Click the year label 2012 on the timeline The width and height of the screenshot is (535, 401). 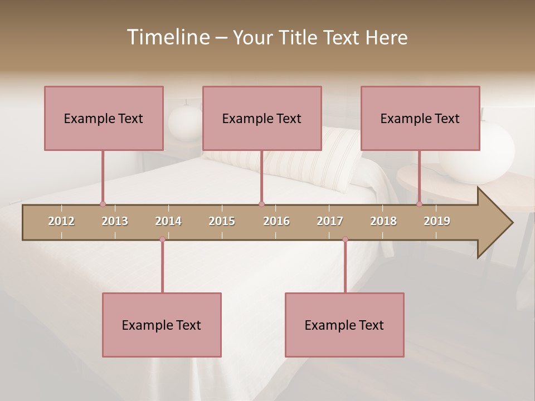[61, 221]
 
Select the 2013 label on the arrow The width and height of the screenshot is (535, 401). [115, 221]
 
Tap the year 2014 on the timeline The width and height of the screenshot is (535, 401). [168, 221]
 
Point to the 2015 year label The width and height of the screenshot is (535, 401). [222, 221]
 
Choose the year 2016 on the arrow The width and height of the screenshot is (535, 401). [276, 221]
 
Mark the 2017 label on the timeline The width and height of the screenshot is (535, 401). [330, 221]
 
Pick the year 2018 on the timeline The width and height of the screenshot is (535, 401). [383, 221]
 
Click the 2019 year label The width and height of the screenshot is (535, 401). [437, 221]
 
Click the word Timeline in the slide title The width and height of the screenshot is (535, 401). [167, 37]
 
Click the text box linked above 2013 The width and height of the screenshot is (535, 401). [104, 118]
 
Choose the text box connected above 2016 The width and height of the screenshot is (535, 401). [262, 118]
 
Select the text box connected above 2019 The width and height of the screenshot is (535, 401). [420, 118]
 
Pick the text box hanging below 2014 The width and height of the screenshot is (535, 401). [162, 325]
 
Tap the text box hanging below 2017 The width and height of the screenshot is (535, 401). [344, 325]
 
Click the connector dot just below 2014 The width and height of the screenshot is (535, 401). [162, 239]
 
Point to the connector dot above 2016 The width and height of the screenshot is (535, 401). [261, 204]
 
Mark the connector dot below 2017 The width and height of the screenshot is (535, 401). [345, 239]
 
